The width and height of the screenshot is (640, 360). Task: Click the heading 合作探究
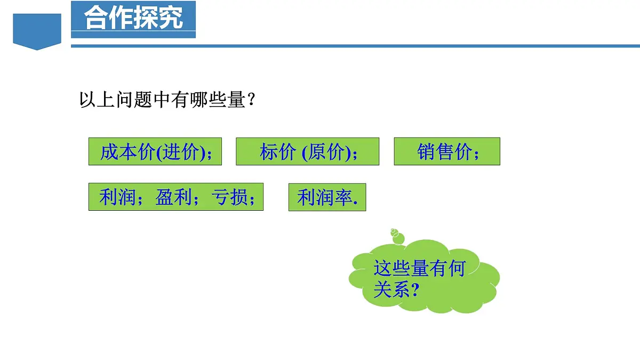tap(133, 18)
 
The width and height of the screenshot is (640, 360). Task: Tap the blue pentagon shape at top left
tap(37, 31)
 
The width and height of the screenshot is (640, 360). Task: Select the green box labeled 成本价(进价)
tap(155, 151)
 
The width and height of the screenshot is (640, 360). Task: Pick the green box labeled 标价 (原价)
tap(307, 151)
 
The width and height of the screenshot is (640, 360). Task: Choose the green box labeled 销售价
tap(447, 151)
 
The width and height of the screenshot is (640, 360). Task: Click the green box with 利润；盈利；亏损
tap(175, 197)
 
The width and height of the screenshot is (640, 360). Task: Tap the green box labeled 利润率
tap(327, 197)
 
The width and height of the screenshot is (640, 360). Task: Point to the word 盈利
tap(173, 198)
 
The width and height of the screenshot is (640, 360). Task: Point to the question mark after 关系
tap(415, 291)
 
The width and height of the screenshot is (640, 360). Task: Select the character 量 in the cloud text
tap(419, 268)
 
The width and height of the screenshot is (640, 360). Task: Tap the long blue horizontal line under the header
tap(355, 46)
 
